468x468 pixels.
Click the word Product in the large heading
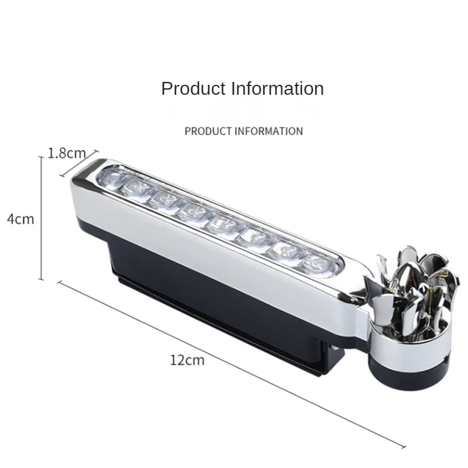[x=193, y=89]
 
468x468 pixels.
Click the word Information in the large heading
[x=277, y=89]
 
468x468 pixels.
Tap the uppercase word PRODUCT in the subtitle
[x=208, y=131]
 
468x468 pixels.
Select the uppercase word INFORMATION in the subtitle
[x=269, y=131]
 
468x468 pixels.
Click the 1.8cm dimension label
[x=67, y=153]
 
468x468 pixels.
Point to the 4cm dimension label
[x=20, y=219]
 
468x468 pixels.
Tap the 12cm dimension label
[x=187, y=360]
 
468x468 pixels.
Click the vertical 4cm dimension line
[x=42, y=218]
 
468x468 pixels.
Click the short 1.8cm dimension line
[x=79, y=163]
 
